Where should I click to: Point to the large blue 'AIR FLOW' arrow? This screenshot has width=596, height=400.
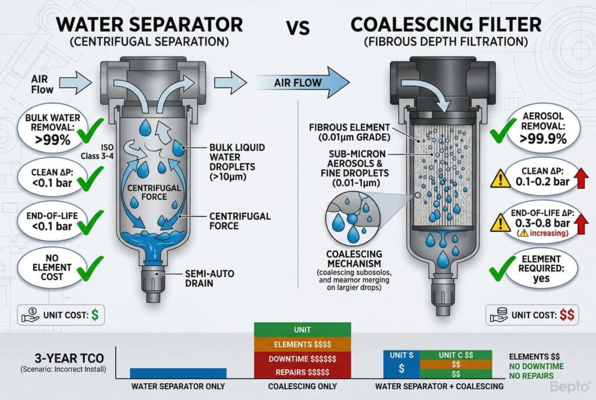point(306,82)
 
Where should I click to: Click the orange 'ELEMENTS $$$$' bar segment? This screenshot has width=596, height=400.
point(302,344)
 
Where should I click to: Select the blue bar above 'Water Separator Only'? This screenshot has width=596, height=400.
point(178,373)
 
